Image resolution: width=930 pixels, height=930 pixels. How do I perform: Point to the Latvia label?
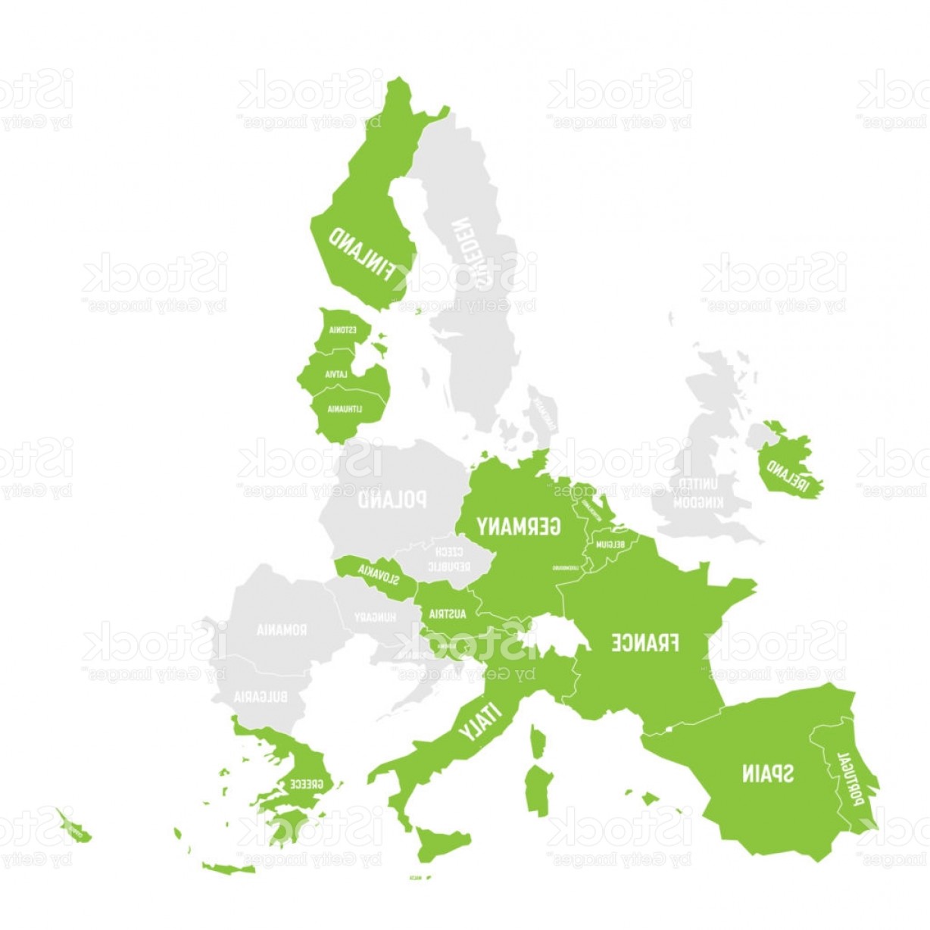coord(336,374)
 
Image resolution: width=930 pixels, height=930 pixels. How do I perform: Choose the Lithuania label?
coord(345,409)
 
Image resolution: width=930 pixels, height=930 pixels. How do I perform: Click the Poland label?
coord(392,500)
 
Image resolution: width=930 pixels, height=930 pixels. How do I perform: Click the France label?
coord(645,643)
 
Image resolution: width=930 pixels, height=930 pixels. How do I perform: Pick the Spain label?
coord(767,773)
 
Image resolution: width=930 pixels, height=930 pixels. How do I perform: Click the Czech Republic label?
coord(449,560)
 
